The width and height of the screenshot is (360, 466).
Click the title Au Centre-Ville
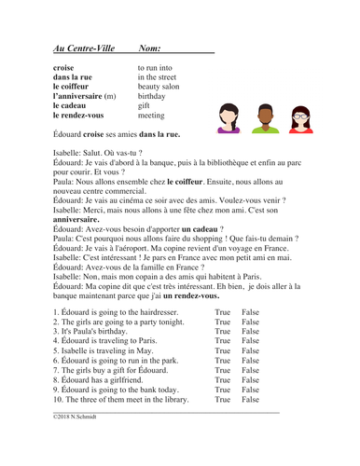click(x=81, y=47)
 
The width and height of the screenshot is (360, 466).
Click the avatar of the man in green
click(x=264, y=116)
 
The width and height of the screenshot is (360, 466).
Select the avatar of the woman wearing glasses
click(x=300, y=116)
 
